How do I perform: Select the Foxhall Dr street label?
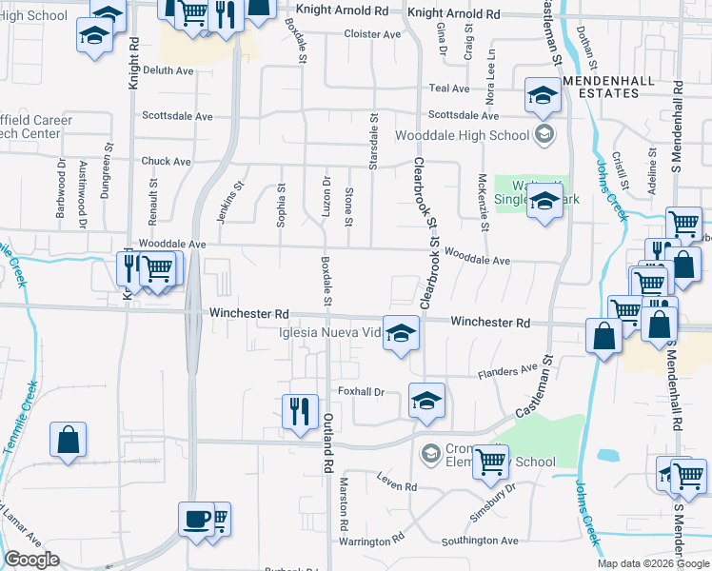361,391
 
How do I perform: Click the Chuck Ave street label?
167,162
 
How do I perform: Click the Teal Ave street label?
449,89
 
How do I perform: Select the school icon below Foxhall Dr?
426,399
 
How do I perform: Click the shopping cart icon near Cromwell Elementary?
490,462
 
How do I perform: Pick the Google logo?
31,560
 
